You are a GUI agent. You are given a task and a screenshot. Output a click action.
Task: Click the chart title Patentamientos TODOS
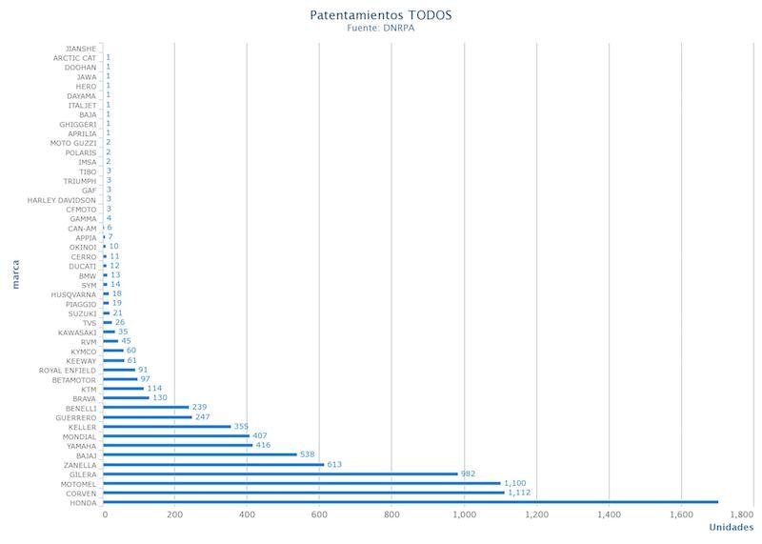381,15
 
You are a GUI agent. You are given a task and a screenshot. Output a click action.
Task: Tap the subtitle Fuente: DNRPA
381,28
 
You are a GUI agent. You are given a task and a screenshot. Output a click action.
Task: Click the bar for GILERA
281,473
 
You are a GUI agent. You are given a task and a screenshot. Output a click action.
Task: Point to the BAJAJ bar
201,454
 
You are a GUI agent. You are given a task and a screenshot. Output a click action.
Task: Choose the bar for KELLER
168,427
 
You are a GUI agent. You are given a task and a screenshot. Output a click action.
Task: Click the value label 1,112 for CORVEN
520,493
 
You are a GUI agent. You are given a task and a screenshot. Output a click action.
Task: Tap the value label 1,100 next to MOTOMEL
517,483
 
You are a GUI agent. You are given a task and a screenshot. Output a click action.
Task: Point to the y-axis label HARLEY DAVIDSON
62,200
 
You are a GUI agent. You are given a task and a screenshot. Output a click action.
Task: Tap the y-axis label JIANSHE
81,49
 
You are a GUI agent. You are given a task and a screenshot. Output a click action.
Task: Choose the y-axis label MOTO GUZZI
73,143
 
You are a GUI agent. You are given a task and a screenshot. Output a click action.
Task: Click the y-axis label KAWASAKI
76,332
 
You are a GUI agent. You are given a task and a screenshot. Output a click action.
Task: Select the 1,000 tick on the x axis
464,515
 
